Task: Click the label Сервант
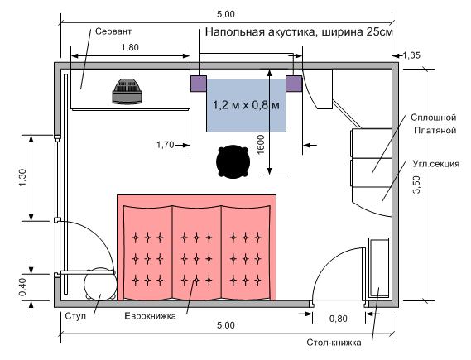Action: pos(113,31)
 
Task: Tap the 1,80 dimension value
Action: pos(130,47)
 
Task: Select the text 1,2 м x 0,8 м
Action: pos(246,105)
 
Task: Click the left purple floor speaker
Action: pos(199,84)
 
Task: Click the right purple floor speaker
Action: pos(294,84)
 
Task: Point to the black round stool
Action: pos(233,161)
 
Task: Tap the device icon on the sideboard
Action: pos(127,91)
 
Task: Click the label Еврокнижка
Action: pos(150,316)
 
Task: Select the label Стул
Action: pos(75,316)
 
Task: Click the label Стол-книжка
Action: pos(334,343)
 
